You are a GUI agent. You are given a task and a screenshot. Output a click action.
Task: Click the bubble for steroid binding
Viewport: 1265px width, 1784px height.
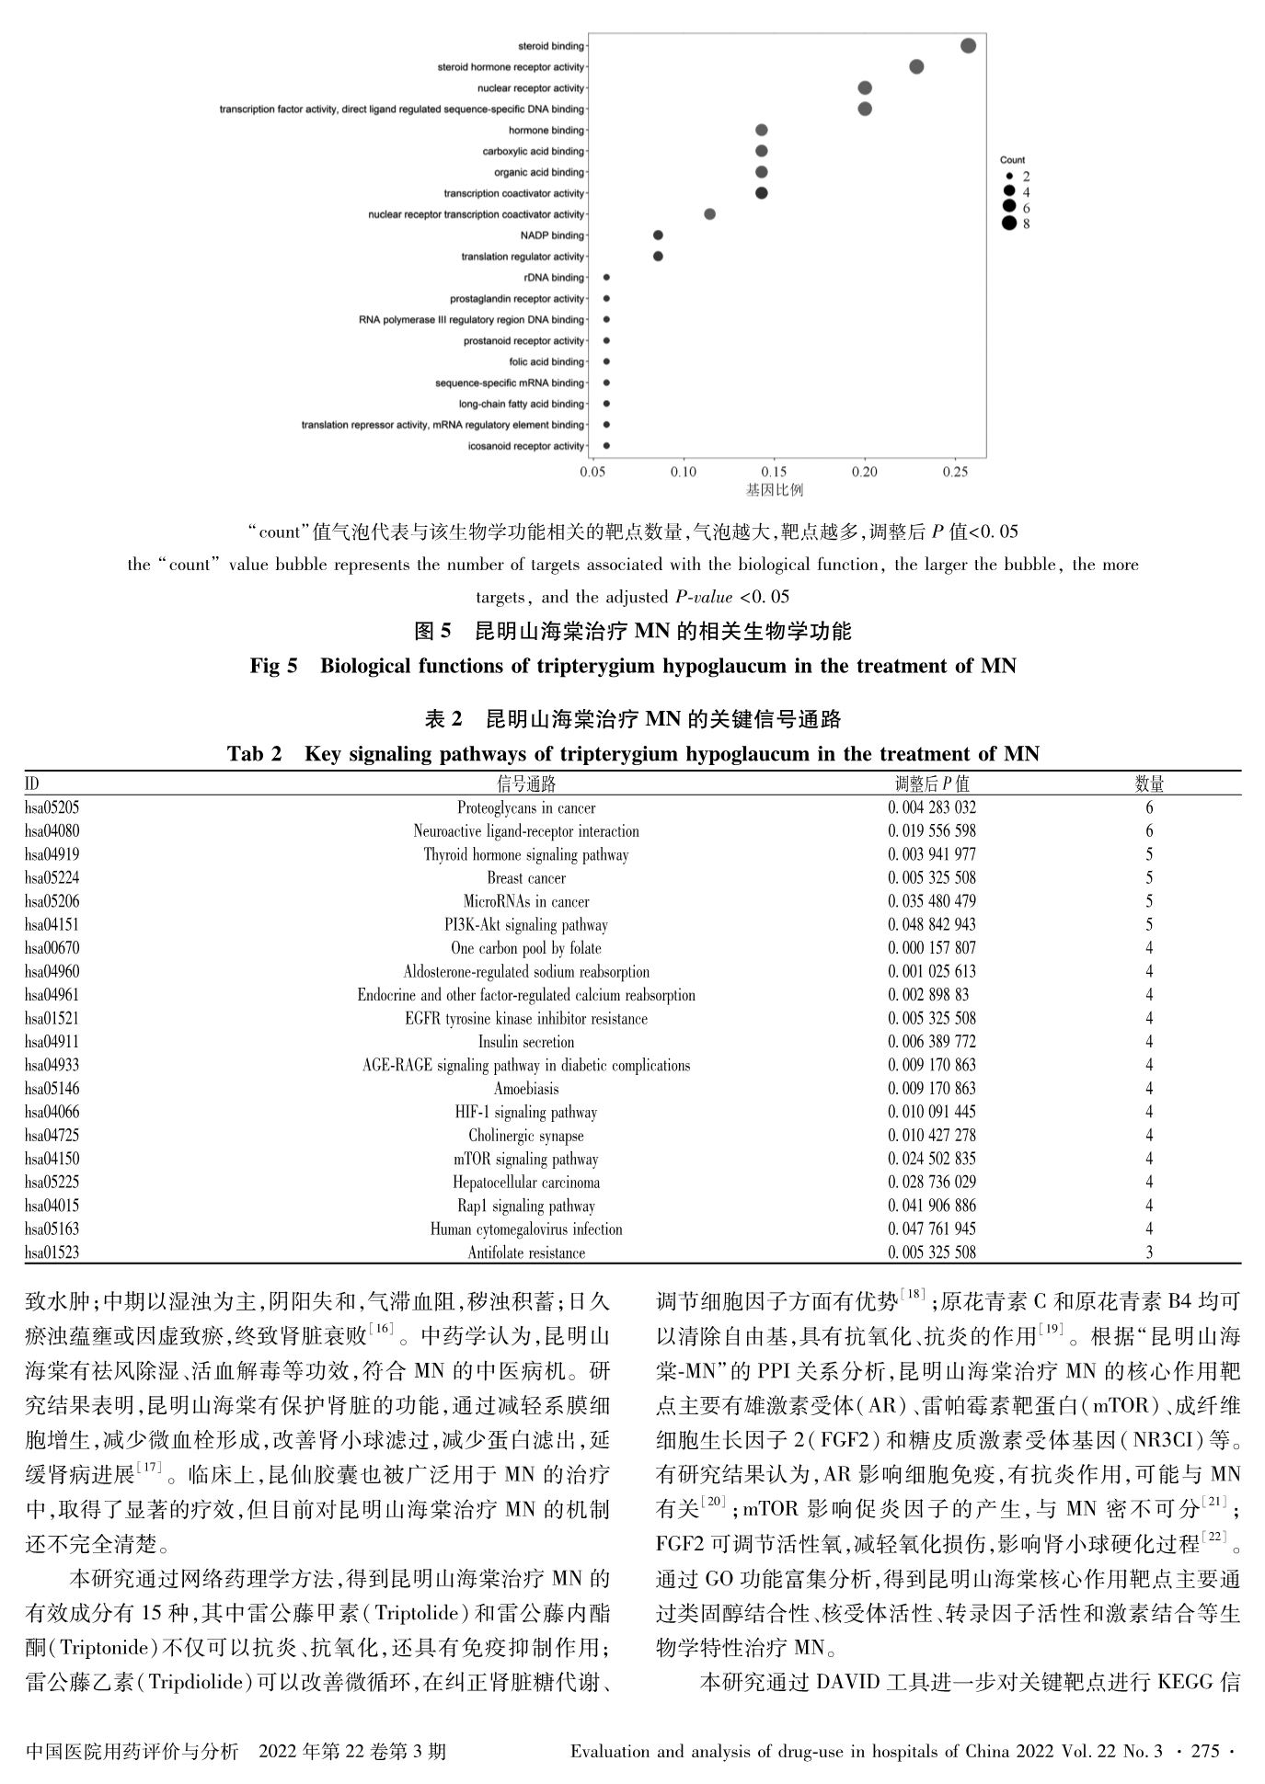(x=968, y=46)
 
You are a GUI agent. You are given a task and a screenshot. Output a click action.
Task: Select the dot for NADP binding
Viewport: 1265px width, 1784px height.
(x=658, y=235)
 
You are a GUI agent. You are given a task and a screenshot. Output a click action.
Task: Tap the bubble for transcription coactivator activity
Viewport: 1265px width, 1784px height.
(x=761, y=193)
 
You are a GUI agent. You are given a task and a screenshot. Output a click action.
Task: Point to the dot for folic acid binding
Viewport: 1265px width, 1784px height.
(x=606, y=361)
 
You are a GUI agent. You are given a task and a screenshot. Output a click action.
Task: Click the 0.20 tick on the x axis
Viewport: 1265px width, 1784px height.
(x=864, y=472)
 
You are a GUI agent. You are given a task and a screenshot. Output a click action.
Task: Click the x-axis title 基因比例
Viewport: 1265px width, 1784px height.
(x=774, y=490)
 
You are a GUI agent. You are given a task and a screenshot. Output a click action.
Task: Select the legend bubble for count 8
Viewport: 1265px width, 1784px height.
(x=1009, y=223)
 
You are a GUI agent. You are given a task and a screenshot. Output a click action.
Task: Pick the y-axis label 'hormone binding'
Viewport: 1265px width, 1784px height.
(x=546, y=131)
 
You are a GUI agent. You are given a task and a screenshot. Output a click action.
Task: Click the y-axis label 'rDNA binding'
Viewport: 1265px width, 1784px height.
(x=554, y=278)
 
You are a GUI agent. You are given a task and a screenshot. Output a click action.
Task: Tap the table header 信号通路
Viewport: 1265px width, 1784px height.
(x=526, y=783)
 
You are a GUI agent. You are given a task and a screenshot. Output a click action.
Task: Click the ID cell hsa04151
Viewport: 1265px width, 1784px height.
(x=52, y=924)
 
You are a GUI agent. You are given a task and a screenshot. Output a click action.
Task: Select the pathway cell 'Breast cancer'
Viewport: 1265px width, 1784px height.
(x=526, y=877)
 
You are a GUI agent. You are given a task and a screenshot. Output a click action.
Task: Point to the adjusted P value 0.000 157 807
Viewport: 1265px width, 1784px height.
(x=932, y=947)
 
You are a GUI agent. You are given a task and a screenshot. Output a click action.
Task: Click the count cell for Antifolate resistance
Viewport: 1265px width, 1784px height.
(x=1149, y=1252)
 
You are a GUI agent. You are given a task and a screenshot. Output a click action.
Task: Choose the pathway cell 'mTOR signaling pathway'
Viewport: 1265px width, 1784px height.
(x=526, y=1159)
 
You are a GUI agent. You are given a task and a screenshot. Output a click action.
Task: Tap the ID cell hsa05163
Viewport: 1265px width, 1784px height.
(x=52, y=1229)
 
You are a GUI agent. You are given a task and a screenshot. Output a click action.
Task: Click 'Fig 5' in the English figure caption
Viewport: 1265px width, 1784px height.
(x=273, y=666)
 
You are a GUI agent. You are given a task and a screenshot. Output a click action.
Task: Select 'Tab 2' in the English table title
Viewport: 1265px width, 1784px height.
(x=255, y=754)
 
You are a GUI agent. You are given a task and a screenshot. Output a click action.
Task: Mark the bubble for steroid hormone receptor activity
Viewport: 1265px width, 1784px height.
(x=916, y=66)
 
